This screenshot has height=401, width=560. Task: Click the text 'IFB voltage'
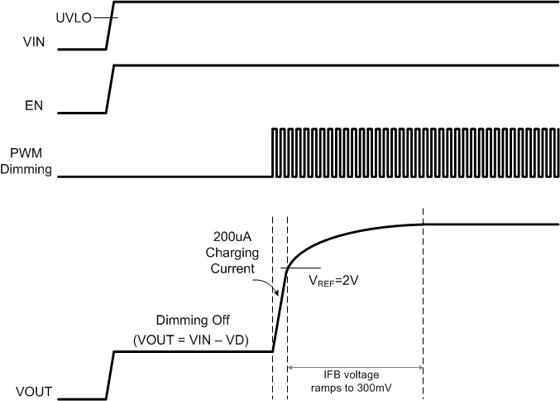(x=355, y=374)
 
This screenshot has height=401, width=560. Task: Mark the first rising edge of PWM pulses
(x=273, y=152)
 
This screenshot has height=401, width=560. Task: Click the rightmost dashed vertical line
(x=424, y=307)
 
